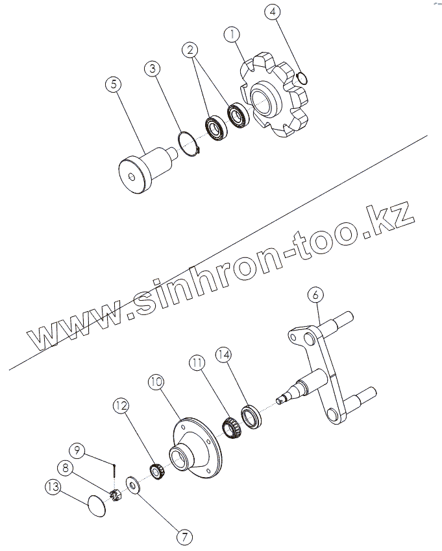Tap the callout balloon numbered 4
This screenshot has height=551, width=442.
tap(273, 12)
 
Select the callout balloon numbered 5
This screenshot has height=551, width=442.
tap(112, 86)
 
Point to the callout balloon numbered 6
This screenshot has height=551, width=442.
tap(315, 294)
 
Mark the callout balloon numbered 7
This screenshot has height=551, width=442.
tap(185, 537)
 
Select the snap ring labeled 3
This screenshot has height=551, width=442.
tap(188, 144)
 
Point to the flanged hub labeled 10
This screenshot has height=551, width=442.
tap(194, 448)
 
